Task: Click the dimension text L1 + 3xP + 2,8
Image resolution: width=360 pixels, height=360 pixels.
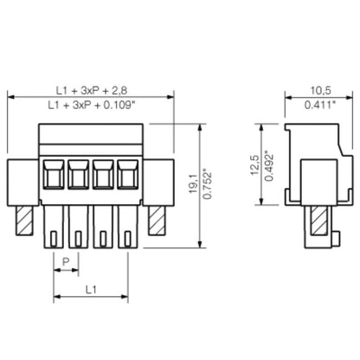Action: pyautogui.click(x=91, y=89)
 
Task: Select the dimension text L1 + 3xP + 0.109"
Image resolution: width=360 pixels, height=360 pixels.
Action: pyautogui.click(x=93, y=105)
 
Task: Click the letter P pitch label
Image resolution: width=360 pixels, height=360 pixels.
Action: pyautogui.click(x=66, y=260)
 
